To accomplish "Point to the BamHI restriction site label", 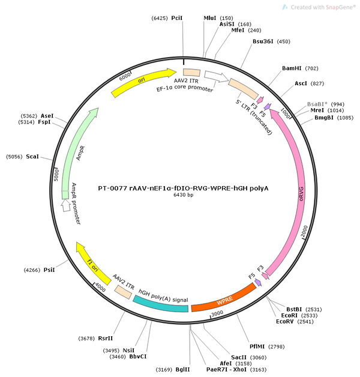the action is tap(292, 68).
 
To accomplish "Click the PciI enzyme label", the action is tap(177, 18).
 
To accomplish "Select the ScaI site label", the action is tap(32, 157).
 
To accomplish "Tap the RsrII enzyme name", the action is tap(105, 339).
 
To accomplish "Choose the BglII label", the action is tap(182, 370).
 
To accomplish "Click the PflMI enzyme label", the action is tap(257, 346).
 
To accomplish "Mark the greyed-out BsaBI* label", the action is tap(317, 104).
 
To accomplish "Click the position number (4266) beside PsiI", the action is tap(32, 270).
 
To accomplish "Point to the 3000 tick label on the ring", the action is tap(217, 313).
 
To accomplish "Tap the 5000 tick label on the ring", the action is tap(56, 175).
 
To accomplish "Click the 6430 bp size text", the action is tap(184, 195).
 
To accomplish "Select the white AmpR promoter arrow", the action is tap(66, 205).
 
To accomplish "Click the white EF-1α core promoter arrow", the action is tap(216, 76).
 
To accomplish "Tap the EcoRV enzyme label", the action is tap(285, 321).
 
